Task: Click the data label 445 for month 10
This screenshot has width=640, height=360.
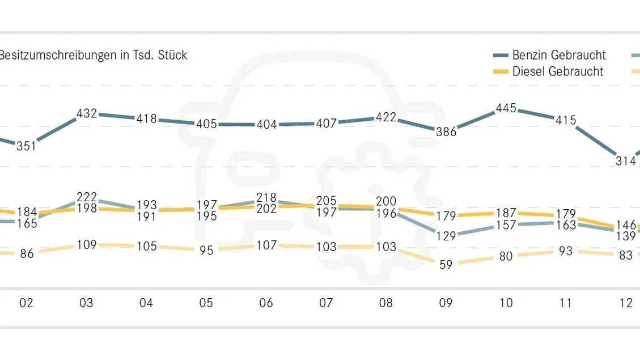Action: (x=506, y=108)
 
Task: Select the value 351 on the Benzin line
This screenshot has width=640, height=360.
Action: (x=27, y=146)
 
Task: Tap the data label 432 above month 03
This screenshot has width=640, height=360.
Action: (x=87, y=113)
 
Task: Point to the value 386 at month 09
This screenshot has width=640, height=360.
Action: (x=446, y=132)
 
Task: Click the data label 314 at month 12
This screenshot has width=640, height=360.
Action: (x=626, y=161)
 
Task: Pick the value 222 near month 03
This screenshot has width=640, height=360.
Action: (x=87, y=197)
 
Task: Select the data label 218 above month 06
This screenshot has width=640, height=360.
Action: (x=266, y=198)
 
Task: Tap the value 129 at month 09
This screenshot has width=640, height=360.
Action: (x=446, y=236)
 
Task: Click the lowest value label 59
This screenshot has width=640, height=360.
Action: (x=446, y=265)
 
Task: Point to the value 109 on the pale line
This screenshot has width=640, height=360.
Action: (x=87, y=245)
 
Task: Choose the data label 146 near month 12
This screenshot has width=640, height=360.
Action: (x=626, y=225)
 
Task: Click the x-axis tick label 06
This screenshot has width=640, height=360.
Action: (x=266, y=303)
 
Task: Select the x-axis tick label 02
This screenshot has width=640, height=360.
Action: (x=27, y=303)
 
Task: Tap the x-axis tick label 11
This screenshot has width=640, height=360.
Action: (x=566, y=303)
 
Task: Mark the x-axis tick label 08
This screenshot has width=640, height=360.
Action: (x=385, y=303)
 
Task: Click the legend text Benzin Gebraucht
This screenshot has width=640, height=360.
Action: (x=559, y=55)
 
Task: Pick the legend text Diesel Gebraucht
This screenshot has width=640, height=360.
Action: (x=558, y=71)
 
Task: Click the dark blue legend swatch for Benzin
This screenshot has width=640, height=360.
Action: (x=501, y=55)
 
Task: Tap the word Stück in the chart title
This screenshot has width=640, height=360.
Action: (x=172, y=55)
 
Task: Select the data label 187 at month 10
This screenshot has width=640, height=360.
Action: (x=506, y=213)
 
